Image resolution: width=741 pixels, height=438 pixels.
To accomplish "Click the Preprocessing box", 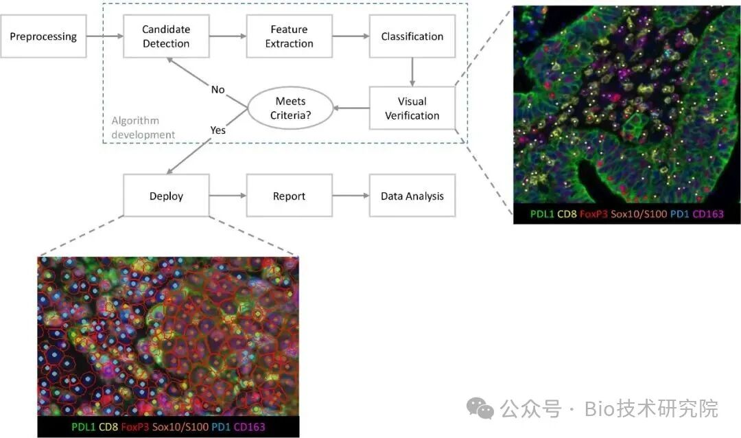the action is point(43,36).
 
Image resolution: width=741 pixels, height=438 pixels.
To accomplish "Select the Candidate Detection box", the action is point(166,36).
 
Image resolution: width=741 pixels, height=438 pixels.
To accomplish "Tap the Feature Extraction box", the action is point(290,36).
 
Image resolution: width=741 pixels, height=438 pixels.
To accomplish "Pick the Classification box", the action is point(412,36).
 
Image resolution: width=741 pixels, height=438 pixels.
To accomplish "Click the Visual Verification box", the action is point(412,108).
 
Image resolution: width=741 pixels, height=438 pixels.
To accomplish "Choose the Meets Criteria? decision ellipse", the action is point(291,108).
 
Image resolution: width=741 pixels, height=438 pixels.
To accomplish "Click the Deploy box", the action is point(166,196).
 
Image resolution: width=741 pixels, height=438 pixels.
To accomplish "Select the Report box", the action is point(290,196).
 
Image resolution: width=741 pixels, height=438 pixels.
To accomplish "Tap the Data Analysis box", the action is point(412,196).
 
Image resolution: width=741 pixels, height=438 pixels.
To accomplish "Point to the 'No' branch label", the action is point(218,90).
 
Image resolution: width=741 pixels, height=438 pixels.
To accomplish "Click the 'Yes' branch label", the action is point(218,130).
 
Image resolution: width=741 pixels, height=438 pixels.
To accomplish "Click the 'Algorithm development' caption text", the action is point(143,128).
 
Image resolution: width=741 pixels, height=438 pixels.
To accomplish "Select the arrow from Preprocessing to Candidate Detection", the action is point(105,36).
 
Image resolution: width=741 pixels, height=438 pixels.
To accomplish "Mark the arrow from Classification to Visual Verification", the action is point(412,72).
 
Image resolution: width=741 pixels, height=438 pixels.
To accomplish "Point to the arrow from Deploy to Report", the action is point(228,196).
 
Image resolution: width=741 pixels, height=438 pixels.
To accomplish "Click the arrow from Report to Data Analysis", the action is point(351,196).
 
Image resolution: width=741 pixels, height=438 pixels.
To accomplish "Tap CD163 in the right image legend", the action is point(708,214).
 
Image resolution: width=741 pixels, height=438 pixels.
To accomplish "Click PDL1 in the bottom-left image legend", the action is point(83,426).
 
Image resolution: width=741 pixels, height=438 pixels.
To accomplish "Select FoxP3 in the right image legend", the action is point(593,214).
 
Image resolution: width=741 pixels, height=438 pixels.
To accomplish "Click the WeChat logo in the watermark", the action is point(480,408).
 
